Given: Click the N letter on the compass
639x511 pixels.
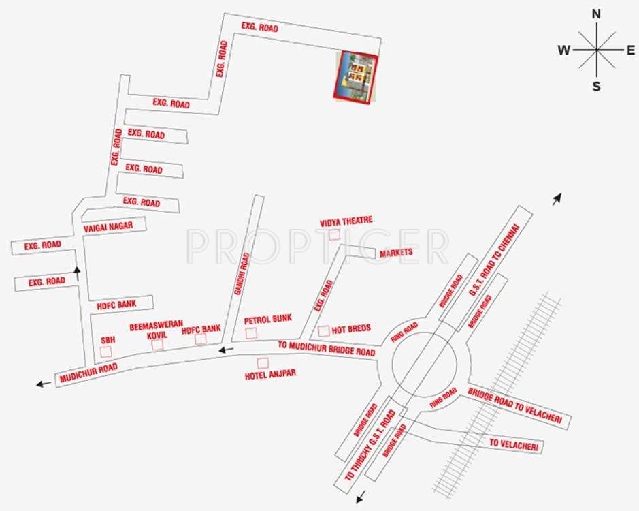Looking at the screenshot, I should tap(597, 14).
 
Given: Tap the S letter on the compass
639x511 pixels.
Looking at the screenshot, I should tap(597, 86).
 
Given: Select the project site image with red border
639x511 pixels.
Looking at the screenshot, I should tap(355, 76).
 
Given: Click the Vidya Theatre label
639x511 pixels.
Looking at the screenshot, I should tap(346, 221).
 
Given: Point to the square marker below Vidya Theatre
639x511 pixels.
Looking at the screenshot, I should tap(334, 234).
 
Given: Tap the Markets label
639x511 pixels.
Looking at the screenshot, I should tap(397, 253).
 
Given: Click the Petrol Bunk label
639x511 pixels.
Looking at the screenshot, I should tap(268, 319).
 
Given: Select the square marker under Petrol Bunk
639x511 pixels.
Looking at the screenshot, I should tap(251, 333).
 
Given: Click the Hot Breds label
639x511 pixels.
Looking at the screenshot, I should tap(352, 328).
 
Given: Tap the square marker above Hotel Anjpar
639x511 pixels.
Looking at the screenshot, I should tap(263, 362).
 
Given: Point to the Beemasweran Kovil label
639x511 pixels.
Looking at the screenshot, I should tap(157, 328).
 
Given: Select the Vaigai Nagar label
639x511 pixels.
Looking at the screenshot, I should tap(109, 226).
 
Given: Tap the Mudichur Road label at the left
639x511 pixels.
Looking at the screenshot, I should tap(88, 373).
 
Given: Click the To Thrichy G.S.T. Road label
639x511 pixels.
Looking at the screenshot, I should tap(370, 446).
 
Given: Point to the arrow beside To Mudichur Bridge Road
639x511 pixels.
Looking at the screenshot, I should tap(226, 350).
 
